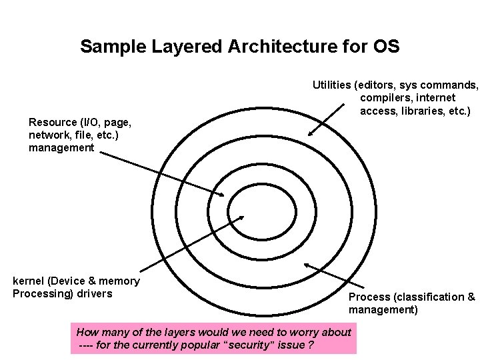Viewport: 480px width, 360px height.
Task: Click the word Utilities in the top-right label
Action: coord(332,85)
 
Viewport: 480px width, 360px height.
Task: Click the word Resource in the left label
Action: coord(53,123)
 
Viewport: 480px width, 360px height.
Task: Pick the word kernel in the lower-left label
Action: coord(29,281)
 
